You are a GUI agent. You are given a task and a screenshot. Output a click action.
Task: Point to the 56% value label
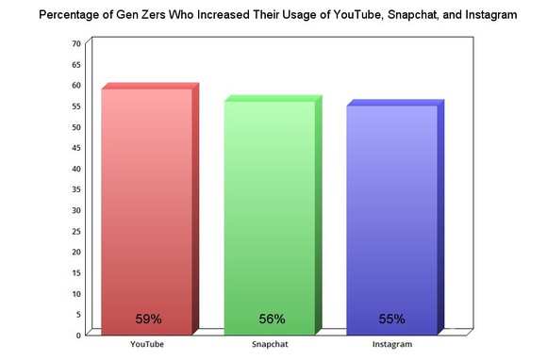pos(270,319)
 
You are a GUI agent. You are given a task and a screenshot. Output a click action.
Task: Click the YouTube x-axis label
pos(146,345)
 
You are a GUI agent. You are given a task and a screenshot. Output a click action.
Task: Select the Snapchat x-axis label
pos(270,345)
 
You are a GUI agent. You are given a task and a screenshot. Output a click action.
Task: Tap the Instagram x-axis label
pos(392,345)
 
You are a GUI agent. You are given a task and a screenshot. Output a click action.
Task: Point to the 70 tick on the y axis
pos(75,44)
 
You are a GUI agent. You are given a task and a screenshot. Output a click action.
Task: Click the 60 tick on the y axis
pos(75,86)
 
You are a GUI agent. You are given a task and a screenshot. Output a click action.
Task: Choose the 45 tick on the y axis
pos(75,148)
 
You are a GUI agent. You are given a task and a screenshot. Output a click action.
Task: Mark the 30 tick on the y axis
pos(75,210)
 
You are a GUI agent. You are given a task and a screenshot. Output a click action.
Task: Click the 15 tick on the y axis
pos(75,272)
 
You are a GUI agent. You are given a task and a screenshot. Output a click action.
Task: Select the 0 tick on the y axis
pos(77,335)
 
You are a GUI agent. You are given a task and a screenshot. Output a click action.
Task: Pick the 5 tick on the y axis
pos(77,314)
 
